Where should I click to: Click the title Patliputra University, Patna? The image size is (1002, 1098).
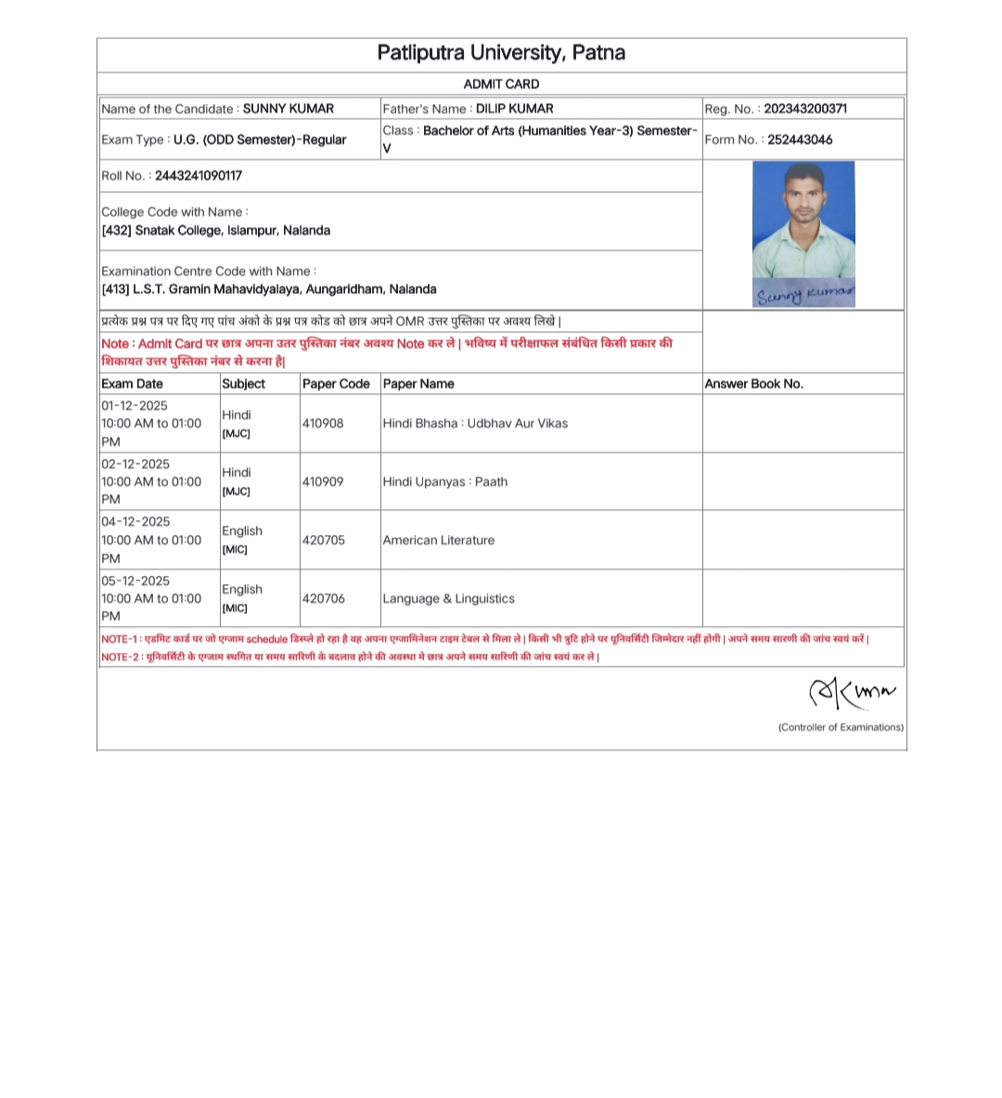click(x=501, y=53)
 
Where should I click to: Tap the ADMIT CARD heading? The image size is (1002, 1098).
click(x=501, y=83)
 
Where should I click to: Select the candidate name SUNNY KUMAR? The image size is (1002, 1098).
click(x=288, y=109)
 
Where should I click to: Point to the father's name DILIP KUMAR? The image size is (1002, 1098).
click(x=514, y=109)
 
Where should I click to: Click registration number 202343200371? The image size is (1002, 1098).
click(x=804, y=109)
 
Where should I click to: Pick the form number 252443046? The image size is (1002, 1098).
click(x=800, y=140)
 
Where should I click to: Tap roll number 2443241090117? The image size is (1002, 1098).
click(x=198, y=175)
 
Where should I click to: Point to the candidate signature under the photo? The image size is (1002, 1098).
click(x=803, y=295)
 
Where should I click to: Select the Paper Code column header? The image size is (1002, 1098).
click(x=336, y=384)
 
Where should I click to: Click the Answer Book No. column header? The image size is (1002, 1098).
click(x=753, y=384)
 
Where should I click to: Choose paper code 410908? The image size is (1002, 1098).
click(x=323, y=424)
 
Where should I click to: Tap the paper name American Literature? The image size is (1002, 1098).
click(x=439, y=540)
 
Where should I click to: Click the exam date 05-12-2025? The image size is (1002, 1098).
click(x=135, y=581)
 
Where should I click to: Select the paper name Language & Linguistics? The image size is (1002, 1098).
click(x=448, y=599)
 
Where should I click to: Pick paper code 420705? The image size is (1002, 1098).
click(x=323, y=540)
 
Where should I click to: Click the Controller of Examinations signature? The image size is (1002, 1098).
click(x=852, y=693)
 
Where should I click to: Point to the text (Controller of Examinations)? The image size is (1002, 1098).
click(x=841, y=728)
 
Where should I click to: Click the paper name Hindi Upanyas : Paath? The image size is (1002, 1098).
click(x=445, y=482)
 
